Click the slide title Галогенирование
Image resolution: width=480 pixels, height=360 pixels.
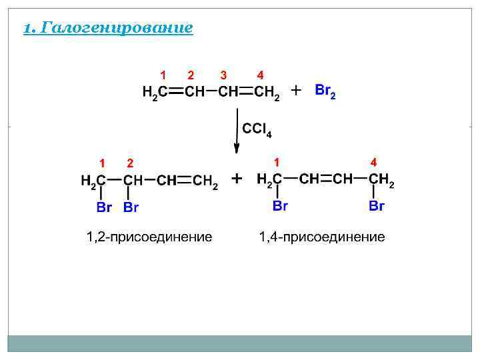click(108, 28)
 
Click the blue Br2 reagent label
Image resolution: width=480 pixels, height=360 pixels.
click(325, 90)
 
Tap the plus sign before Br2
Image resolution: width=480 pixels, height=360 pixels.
click(296, 89)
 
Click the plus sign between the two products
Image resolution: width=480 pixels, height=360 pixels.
click(236, 179)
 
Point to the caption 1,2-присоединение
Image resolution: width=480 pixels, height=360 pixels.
click(149, 237)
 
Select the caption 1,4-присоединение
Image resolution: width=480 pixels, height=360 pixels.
click(322, 237)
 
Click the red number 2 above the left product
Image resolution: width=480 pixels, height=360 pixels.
click(131, 163)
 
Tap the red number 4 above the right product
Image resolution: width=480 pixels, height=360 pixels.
click(374, 162)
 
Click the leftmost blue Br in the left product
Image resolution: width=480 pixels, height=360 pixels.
click(104, 207)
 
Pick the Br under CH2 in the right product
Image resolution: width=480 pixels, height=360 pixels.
click(377, 206)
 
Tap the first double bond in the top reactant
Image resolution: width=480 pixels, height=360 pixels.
click(176, 92)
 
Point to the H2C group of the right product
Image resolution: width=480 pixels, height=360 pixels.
click(269, 180)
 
